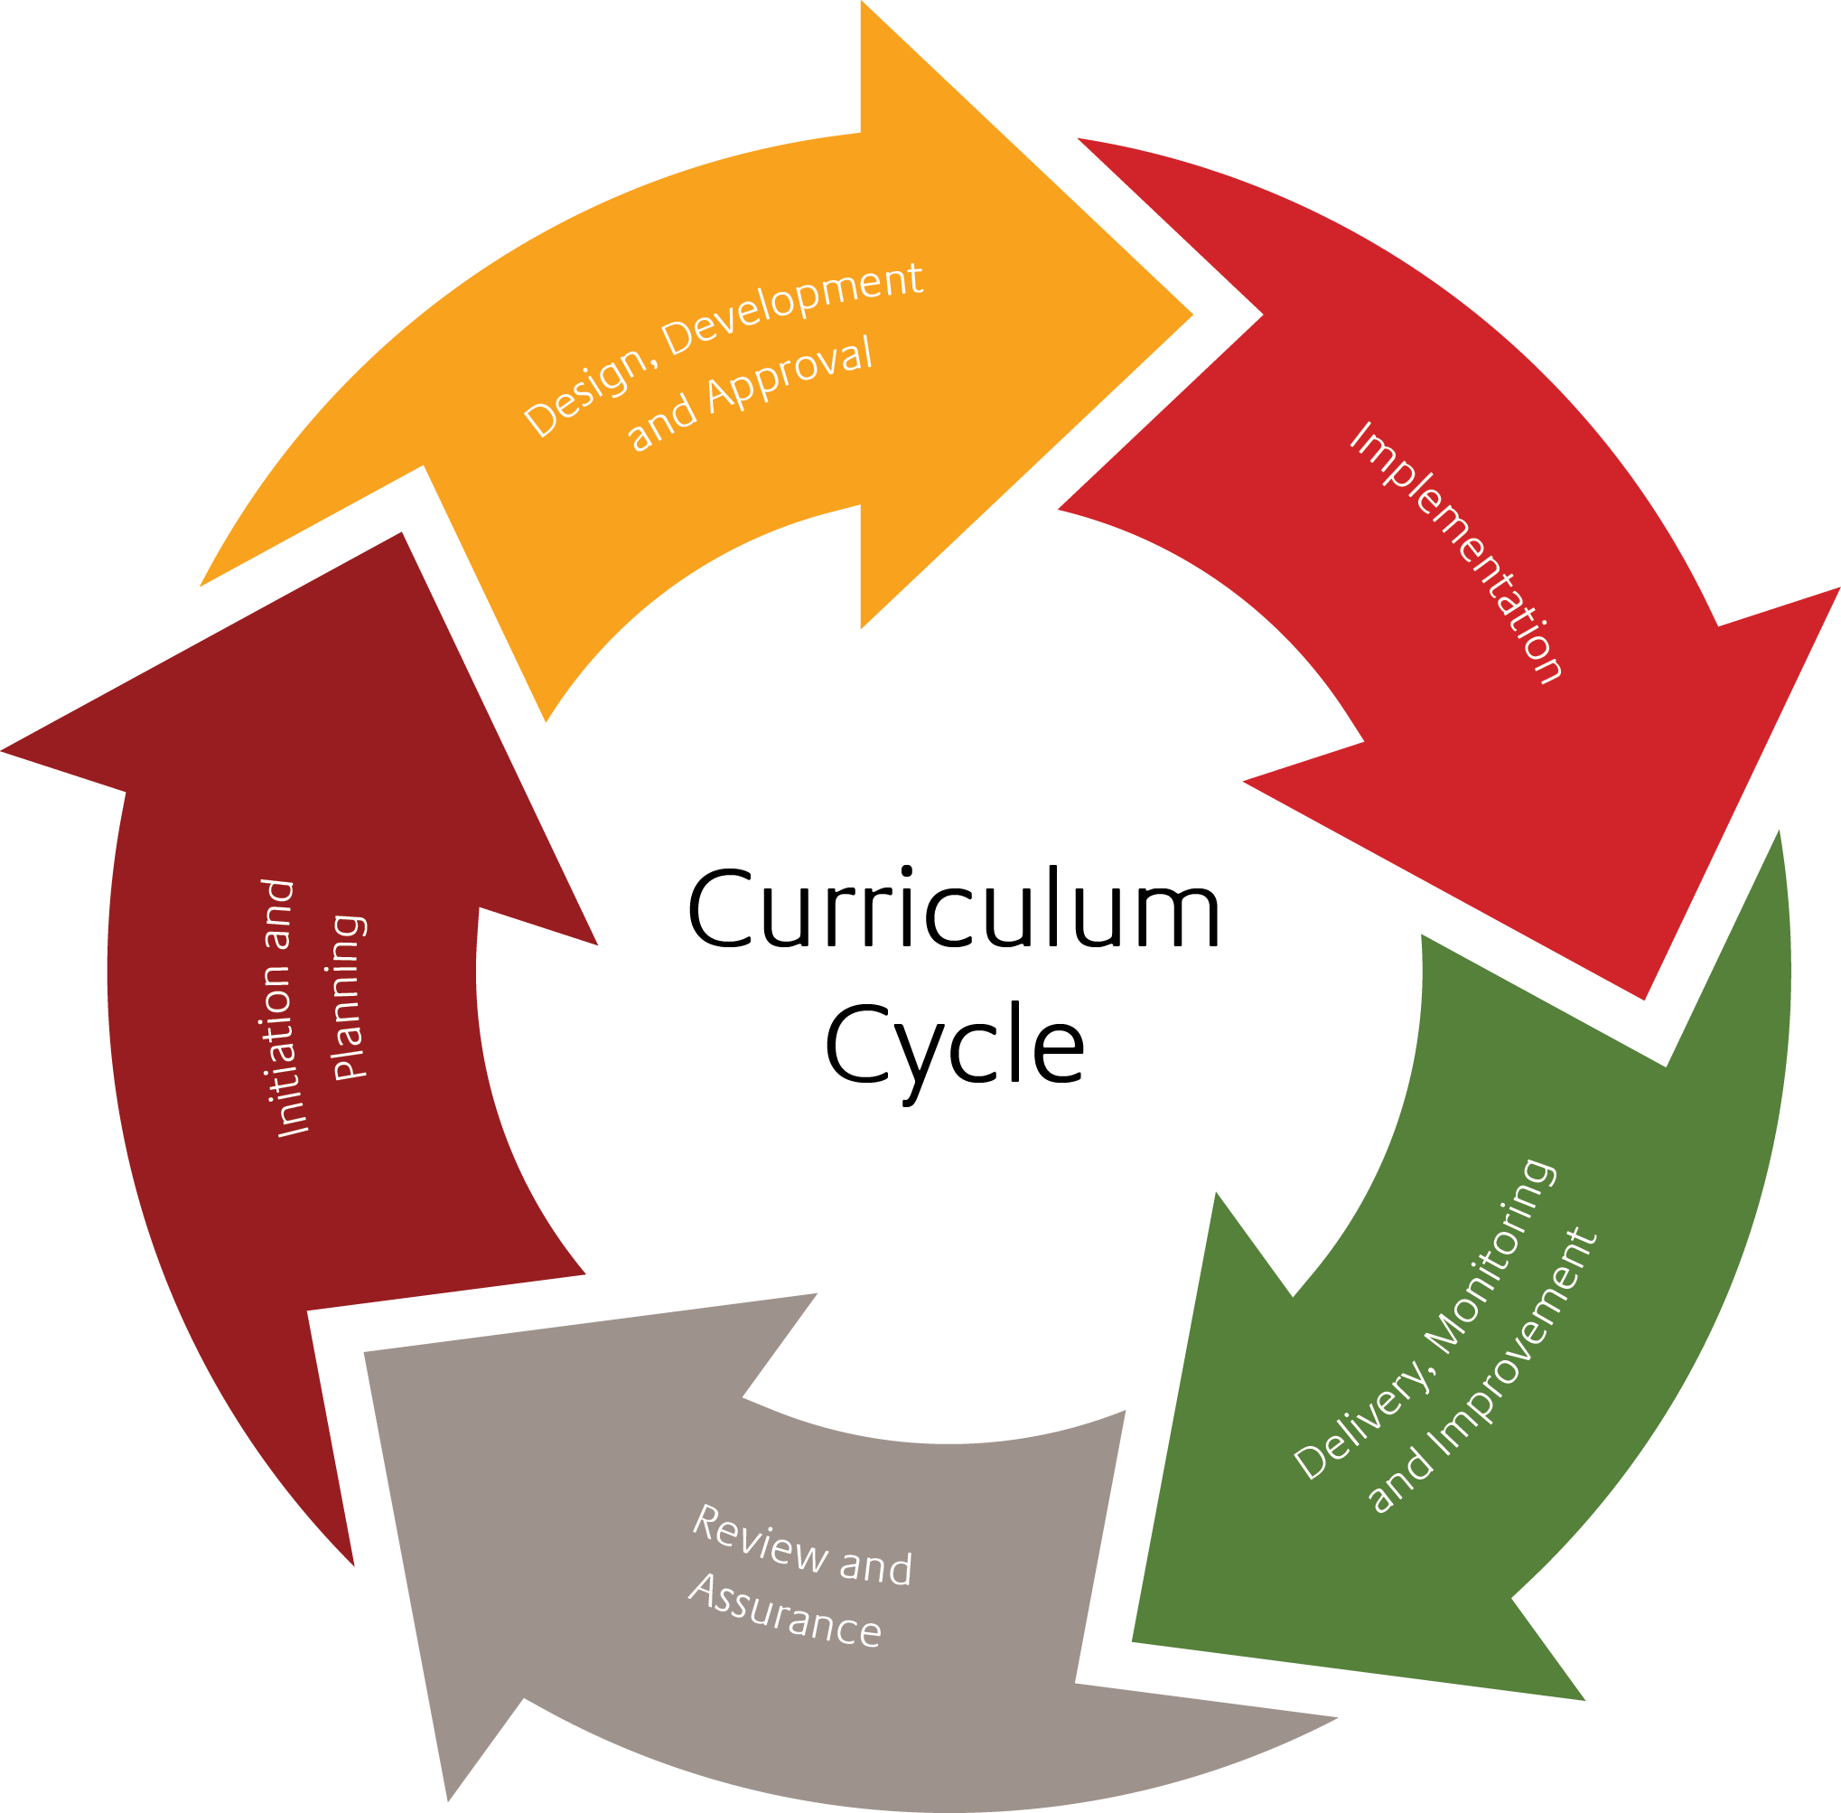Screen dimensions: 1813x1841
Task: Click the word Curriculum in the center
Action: (x=953, y=909)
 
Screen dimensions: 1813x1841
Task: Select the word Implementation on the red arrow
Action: (x=1456, y=552)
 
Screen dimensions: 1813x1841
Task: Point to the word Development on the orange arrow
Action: (x=792, y=305)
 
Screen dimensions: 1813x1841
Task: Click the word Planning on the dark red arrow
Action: (x=349, y=997)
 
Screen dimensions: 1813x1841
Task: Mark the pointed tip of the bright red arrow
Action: (x=1645, y=998)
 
